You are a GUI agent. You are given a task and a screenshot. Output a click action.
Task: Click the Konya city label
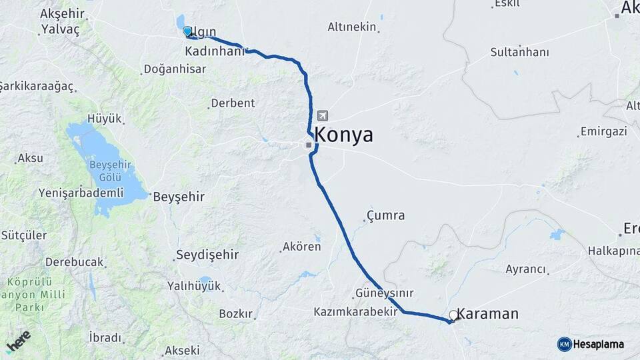[x=343, y=135]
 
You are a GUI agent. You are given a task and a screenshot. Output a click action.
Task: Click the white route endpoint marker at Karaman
[x=453, y=315]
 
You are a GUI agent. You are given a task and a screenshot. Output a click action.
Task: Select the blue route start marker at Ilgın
[x=187, y=31]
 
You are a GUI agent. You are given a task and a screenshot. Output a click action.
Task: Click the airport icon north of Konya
[x=323, y=115]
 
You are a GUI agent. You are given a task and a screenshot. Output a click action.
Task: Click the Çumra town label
[x=386, y=215]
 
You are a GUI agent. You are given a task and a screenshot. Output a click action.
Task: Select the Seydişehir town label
[x=206, y=255]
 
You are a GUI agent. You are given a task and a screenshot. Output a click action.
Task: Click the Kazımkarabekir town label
[x=359, y=312]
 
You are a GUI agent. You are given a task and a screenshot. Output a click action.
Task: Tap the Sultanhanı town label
[x=519, y=51]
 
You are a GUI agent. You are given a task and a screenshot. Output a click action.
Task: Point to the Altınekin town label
[x=352, y=27]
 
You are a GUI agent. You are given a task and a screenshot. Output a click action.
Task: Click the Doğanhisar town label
[x=175, y=69]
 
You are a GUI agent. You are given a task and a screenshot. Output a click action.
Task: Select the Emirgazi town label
[x=603, y=131]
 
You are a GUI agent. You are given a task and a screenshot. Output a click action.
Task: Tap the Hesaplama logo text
[x=598, y=344]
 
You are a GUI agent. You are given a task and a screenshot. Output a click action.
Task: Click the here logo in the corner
[x=19, y=341]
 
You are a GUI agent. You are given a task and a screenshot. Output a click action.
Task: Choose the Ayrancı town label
[x=526, y=269]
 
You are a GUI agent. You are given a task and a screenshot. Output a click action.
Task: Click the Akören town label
[x=302, y=247]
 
